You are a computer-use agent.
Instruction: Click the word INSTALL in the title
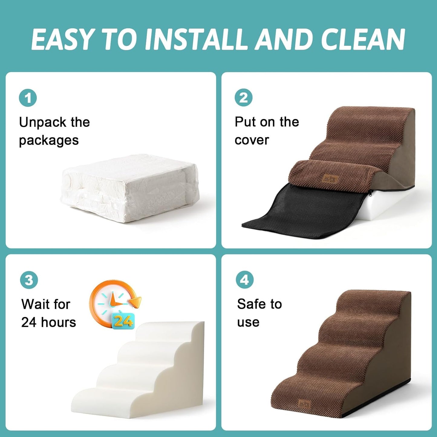pos(198,39)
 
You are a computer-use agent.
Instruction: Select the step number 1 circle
pos(28,98)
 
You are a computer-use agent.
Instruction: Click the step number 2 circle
pos(243,98)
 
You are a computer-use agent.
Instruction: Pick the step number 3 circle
pos(29,280)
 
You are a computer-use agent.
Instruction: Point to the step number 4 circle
pos(244,280)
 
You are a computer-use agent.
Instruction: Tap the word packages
pos(49,140)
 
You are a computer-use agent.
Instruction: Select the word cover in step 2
pos(252,140)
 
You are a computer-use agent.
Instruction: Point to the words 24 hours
pos(48,322)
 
